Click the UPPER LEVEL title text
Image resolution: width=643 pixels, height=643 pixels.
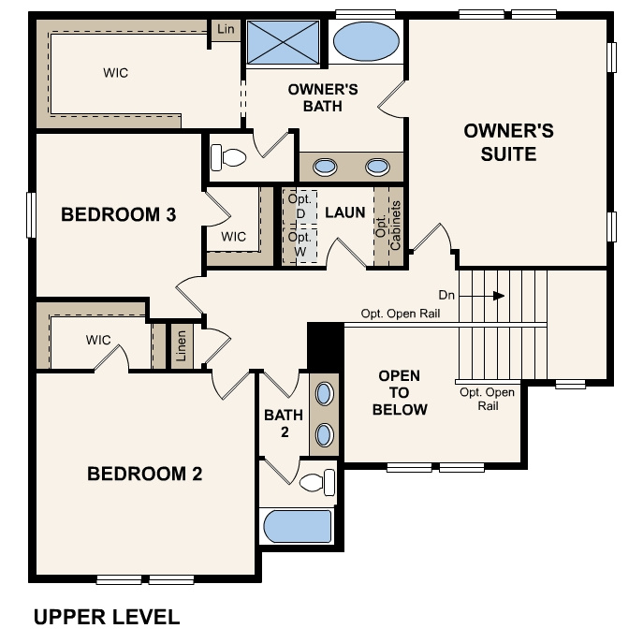(106, 617)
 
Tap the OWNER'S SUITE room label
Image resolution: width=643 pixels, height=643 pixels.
(508, 142)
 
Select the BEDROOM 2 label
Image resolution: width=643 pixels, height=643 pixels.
(144, 474)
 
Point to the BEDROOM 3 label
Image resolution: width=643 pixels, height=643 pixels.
(118, 214)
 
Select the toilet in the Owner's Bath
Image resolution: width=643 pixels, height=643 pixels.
(227, 157)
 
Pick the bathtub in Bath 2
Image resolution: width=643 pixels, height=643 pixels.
(298, 528)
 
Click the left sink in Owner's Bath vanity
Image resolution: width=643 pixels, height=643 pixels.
(325, 167)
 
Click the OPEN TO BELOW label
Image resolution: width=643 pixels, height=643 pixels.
(400, 392)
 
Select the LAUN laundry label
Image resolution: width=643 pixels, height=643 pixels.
(344, 212)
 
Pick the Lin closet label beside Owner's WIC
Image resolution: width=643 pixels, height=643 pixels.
(226, 30)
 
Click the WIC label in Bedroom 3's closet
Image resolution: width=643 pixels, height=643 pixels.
(234, 237)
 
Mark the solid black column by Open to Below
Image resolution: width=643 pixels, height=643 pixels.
(326, 345)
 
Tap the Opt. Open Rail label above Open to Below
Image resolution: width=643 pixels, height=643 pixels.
(401, 314)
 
